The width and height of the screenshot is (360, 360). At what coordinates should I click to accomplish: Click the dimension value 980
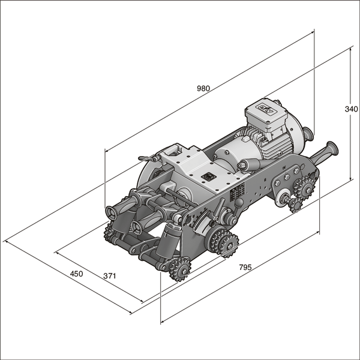point(203,88)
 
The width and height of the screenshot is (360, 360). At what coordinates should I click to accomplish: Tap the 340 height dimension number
point(351,109)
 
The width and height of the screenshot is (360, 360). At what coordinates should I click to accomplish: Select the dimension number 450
point(76,274)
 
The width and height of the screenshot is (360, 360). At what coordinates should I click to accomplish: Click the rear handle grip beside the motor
point(329,149)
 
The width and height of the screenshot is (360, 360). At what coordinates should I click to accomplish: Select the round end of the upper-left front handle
point(111,212)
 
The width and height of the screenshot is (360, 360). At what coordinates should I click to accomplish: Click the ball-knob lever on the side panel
point(239,203)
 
